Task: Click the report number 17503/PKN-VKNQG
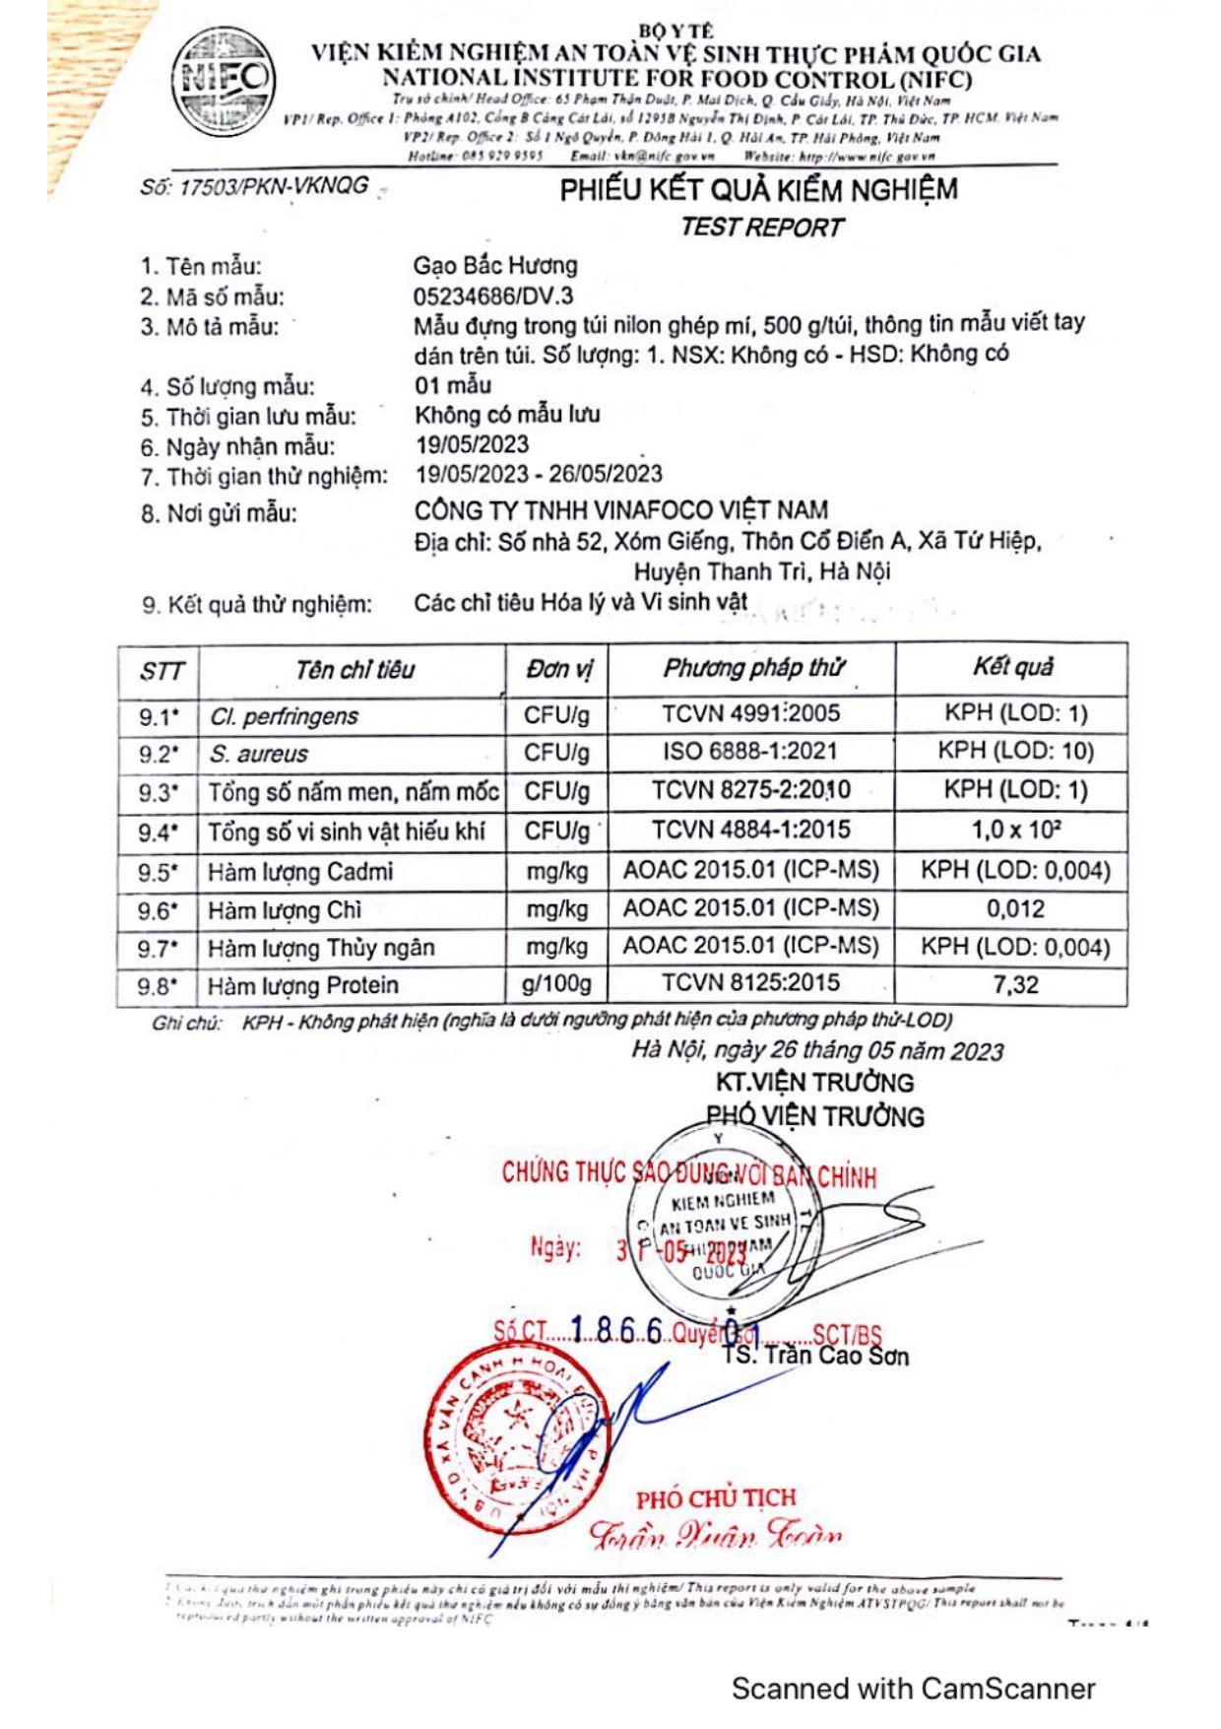tap(254, 186)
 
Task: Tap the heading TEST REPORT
tap(761, 228)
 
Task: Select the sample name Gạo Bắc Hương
tap(495, 265)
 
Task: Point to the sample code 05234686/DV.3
tap(492, 296)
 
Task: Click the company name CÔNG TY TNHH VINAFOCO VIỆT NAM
tap(620, 510)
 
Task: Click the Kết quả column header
tap(1012, 668)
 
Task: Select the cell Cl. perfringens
tap(284, 716)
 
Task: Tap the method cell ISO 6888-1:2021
tap(750, 752)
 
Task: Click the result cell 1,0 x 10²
tap(1015, 830)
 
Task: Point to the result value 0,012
tap(1015, 908)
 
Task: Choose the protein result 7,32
tap(1015, 984)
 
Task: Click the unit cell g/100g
tap(556, 983)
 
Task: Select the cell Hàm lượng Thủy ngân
tap(321, 948)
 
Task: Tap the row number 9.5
tap(158, 872)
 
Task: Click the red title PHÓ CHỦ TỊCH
tap(715, 1498)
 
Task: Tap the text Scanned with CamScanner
tap(913, 1689)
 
